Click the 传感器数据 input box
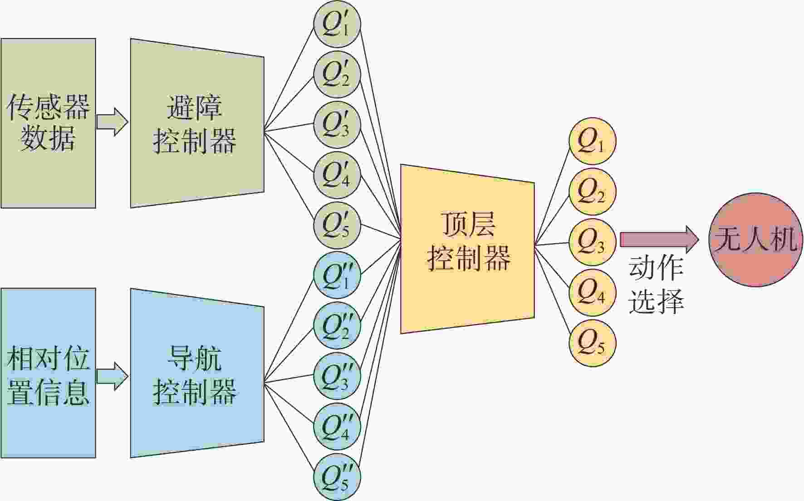pyautogui.click(x=48, y=123)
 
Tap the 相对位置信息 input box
pyautogui.click(x=48, y=373)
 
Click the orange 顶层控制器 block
pyautogui.click(x=467, y=249)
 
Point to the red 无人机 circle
pyautogui.click(x=755, y=240)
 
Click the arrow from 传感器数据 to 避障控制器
pyautogui.click(x=112, y=122)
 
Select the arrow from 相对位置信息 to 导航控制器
pyautogui.click(x=112, y=376)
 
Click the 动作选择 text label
pyautogui.click(x=656, y=284)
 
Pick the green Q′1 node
pyautogui.click(x=337, y=24)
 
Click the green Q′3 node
pyautogui.click(x=337, y=125)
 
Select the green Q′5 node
pyautogui.click(x=337, y=226)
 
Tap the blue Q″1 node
pyautogui.click(x=337, y=275)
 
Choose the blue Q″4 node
pyautogui.click(x=337, y=427)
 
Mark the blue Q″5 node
pyautogui.click(x=337, y=477)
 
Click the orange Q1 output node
pyautogui.click(x=592, y=141)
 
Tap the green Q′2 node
pyautogui.click(x=337, y=74)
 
